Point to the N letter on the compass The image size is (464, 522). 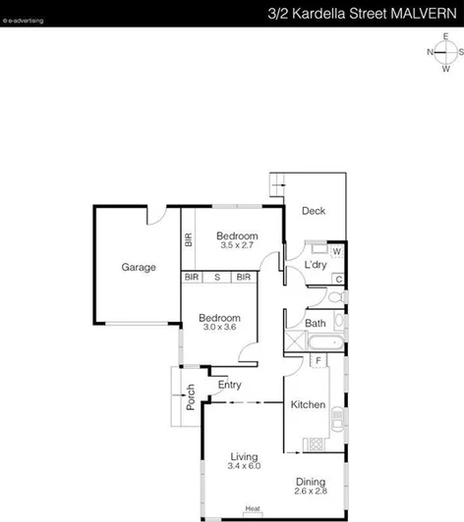pos(431,53)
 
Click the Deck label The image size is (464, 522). pos(314,211)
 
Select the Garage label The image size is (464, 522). pos(139,267)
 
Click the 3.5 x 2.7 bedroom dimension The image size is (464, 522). pos(237,246)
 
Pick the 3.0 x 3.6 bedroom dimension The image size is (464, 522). pos(218,328)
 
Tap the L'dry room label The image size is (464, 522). pos(315,266)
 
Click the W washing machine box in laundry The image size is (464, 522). pos(336,252)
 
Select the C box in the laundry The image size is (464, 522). pos(337,280)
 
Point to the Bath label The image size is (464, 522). pos(316,323)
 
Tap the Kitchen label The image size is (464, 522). pos(308,405)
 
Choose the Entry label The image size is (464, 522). pos(230,385)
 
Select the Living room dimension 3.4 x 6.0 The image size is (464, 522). pos(244,468)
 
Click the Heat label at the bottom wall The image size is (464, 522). pos(253,508)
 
